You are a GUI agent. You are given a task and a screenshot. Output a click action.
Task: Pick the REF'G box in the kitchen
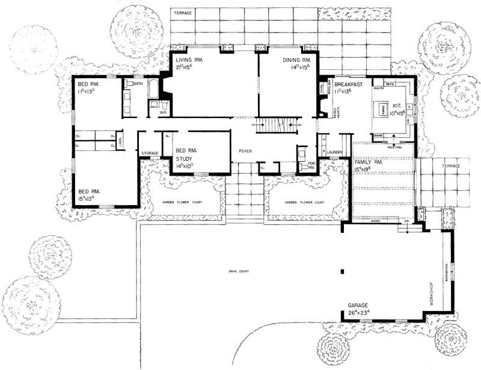pos(390,84)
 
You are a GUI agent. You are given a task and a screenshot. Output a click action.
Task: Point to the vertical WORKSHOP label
pos(431,294)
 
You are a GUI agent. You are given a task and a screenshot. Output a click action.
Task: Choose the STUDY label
pos(183,159)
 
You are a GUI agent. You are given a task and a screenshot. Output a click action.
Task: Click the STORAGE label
pos(150,153)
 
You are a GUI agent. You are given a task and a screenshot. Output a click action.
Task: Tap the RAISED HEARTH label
pos(335,113)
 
